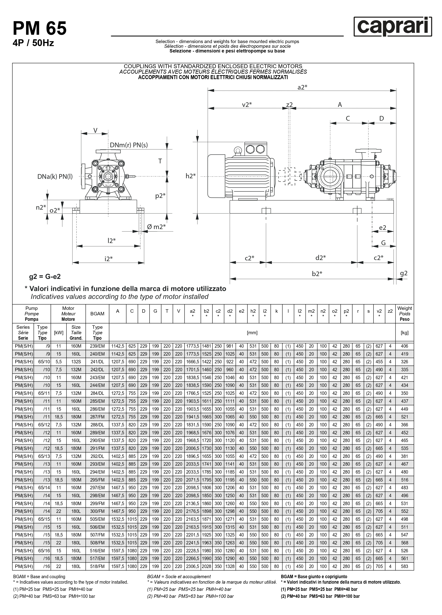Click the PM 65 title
(40, 28)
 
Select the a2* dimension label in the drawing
(302, 87)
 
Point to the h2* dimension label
(191, 176)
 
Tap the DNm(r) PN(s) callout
(129, 145)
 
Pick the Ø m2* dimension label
(156, 227)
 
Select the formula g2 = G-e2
(45, 277)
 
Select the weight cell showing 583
(404, 566)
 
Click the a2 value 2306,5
(193, 566)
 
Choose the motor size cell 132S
(76, 362)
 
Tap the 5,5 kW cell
(59, 362)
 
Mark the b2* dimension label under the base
(317, 274)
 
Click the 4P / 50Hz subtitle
(33, 43)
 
